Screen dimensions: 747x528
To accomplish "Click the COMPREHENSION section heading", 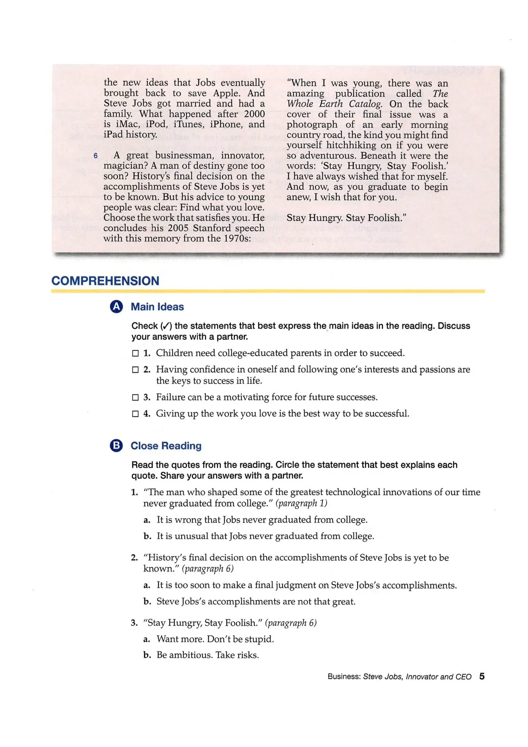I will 105,281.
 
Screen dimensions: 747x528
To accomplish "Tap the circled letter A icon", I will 116,307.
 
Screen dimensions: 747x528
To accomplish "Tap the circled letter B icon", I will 116,446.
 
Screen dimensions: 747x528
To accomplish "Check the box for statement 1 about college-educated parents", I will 135,354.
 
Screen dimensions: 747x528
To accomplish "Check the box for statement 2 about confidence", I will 135,370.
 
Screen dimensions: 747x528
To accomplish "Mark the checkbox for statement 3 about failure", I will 135,397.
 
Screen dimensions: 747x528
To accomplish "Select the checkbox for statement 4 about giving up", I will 135,414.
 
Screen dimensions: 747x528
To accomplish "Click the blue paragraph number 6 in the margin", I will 95,156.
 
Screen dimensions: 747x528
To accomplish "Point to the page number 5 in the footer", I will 481,676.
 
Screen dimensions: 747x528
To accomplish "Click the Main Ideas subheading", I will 157,307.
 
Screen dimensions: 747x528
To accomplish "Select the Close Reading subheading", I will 166,446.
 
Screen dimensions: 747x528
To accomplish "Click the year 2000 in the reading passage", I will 254,114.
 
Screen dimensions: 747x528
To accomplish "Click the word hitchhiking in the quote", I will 351,145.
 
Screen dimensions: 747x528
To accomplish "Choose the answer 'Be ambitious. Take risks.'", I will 207,655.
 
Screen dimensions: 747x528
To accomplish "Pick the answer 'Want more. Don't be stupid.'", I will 215,639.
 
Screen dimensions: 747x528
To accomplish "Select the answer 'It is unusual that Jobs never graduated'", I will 265,536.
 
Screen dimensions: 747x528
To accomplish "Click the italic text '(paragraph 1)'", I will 301,503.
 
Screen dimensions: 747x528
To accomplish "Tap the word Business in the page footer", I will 343,676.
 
